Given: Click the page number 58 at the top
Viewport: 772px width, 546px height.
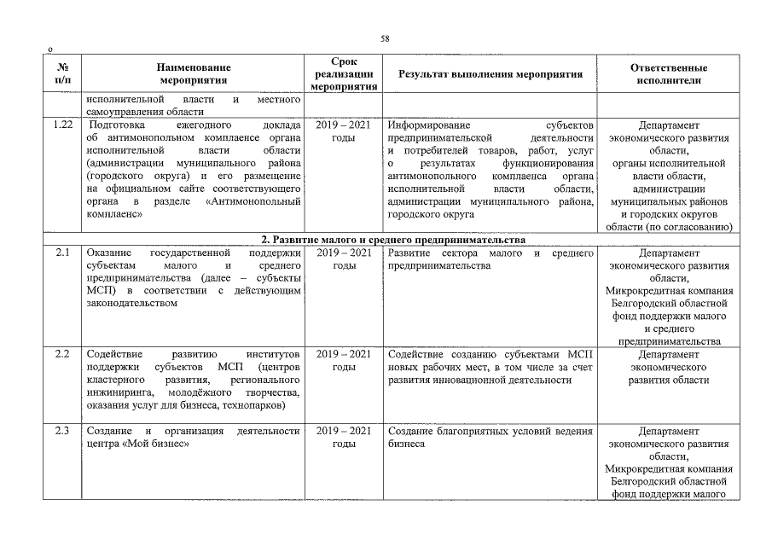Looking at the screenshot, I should (385, 39).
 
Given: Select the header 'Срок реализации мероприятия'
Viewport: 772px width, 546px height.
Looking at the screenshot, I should (343, 74).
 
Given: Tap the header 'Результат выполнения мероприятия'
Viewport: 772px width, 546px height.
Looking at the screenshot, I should (490, 74).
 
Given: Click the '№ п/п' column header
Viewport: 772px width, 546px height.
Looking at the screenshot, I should (62, 74).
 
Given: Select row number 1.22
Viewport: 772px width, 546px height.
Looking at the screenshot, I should (62, 125).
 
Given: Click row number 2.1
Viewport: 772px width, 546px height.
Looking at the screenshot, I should (62, 253).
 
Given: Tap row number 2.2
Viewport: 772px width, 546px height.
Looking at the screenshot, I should (62, 354).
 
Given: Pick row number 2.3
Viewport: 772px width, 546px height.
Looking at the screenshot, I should (62, 431).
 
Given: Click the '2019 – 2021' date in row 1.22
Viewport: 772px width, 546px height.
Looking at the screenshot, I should (343, 125).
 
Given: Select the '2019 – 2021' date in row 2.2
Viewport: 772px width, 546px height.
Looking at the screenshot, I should (343, 354).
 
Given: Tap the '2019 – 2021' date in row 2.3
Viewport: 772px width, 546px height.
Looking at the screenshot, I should (343, 431).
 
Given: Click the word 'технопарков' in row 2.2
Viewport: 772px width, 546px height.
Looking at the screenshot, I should (254, 405).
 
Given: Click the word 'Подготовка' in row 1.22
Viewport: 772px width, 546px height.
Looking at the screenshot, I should (116, 125).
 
